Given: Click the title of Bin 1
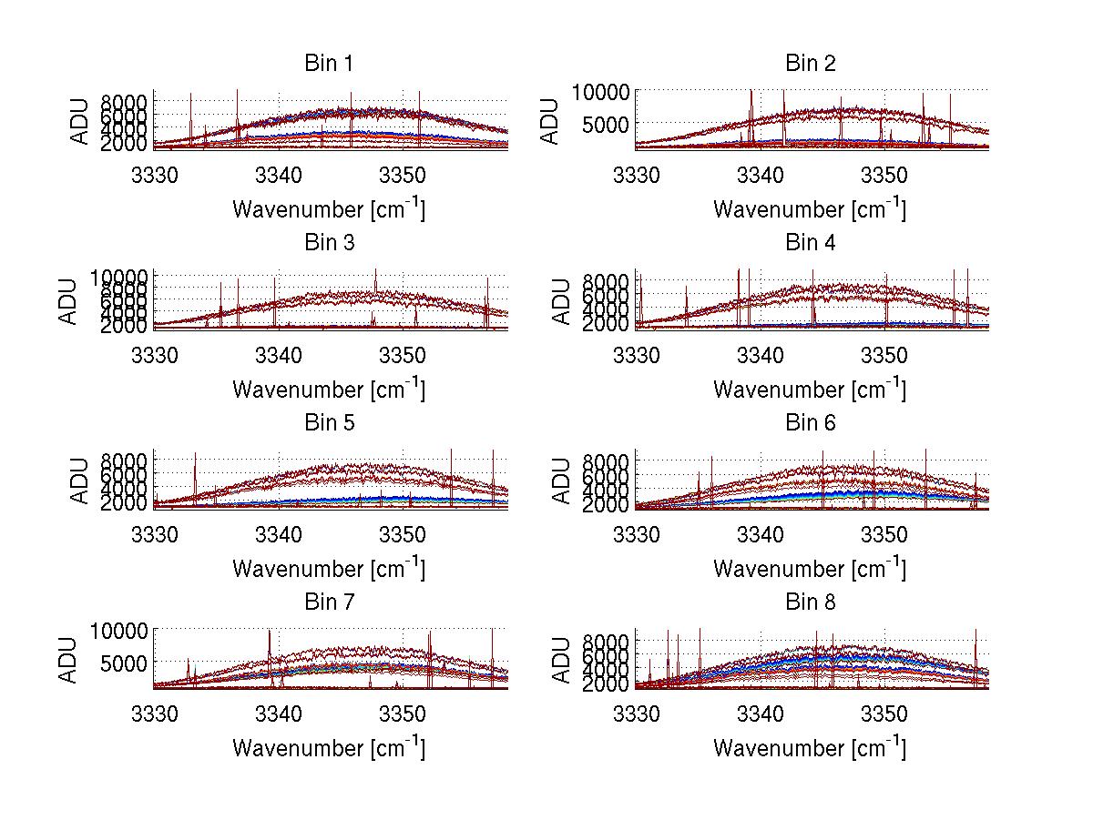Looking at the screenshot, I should tap(329, 64).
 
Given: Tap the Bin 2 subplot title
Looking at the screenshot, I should tap(810, 64).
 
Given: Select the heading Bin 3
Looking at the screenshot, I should tap(329, 243).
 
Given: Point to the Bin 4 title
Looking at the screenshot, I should tap(810, 243).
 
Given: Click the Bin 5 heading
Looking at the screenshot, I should tap(329, 423).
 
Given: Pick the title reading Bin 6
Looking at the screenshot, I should tap(810, 423).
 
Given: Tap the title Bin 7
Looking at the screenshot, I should tap(329, 602).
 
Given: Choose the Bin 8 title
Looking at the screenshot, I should tap(810, 602).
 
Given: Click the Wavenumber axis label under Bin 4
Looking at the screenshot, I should tap(809, 389).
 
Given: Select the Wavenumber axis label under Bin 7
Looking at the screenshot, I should tap(329, 747).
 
